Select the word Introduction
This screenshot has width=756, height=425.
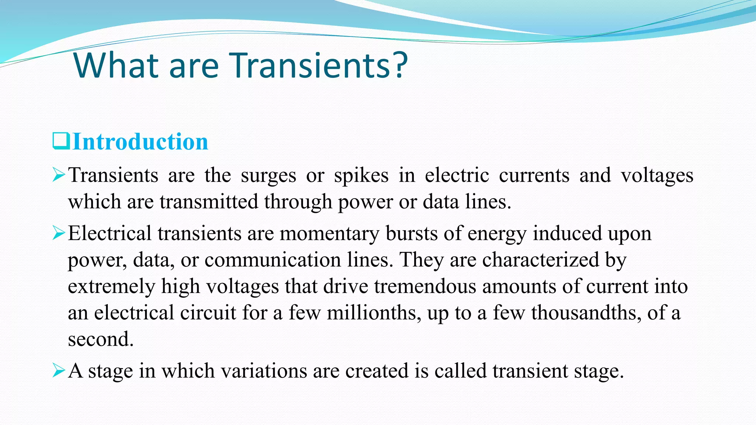pos(141,142)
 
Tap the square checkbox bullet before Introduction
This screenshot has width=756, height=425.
pos(61,141)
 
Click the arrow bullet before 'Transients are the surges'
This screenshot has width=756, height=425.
pos(59,175)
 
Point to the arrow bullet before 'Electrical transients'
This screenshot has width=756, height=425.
pos(59,233)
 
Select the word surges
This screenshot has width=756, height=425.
pos(268,176)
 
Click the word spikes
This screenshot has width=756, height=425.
pos(361,176)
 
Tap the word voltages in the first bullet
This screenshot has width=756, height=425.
pos(657,176)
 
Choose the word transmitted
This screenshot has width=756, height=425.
pos(209,202)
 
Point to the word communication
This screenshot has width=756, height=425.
pos(272,260)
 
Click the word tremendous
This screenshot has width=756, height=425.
pos(425,286)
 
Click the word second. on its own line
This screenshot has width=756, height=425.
pos(100,339)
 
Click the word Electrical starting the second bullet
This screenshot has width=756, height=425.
pos(110,234)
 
